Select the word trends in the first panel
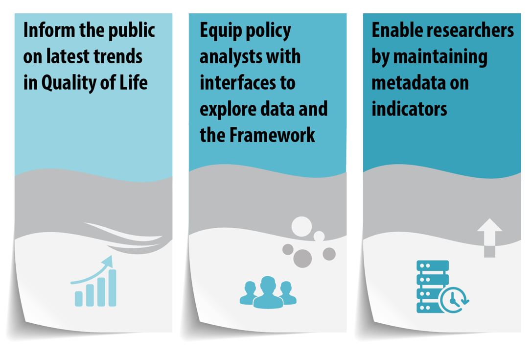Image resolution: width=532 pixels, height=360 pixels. coord(119,56)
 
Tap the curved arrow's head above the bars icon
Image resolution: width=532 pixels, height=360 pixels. coord(109,260)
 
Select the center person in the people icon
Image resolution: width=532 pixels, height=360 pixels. coord(268,291)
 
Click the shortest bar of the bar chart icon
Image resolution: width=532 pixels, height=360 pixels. coord(78,298)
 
